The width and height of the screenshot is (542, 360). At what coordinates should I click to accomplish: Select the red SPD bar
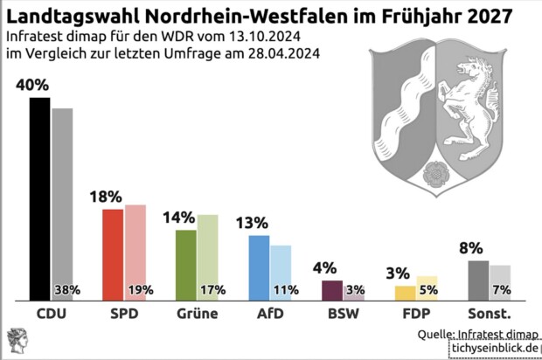click(113, 253)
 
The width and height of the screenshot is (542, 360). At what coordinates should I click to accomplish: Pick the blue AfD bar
click(259, 267)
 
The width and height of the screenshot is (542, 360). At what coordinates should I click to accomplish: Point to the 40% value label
click(31, 86)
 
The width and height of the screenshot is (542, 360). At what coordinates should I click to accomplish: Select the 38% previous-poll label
click(67, 289)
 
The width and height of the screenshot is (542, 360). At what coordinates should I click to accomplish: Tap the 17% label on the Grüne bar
click(213, 289)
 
